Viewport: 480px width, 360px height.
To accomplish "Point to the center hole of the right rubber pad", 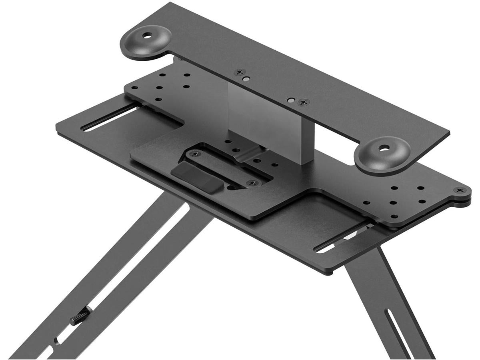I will [x=385, y=150].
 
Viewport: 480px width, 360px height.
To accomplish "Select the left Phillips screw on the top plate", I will [x=240, y=72].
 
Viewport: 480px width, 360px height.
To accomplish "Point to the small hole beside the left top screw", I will [x=248, y=79].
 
